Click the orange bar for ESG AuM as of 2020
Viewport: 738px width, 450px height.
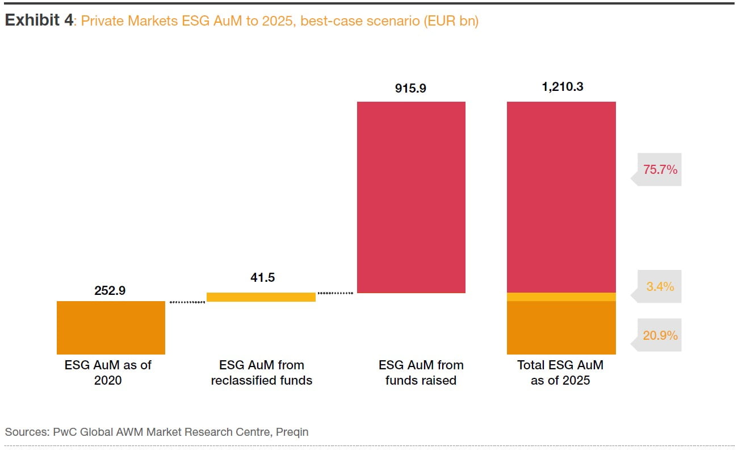coord(111,328)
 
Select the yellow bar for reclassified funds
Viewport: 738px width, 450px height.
coord(261,297)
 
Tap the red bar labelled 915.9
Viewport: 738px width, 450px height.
coord(411,197)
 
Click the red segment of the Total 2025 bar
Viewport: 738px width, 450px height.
coord(561,197)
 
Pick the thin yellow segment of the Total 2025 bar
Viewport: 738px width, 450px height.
coord(561,297)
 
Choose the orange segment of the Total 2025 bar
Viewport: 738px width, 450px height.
coord(561,328)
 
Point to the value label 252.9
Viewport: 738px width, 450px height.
coord(110,290)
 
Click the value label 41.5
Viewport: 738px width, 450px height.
coord(262,278)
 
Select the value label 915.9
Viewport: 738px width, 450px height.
coord(411,89)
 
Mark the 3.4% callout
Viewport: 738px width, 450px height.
coord(660,287)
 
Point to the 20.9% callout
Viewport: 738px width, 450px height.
coord(660,336)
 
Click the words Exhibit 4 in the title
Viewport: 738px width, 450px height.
coord(39,21)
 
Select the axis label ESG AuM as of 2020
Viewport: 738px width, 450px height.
coord(108,373)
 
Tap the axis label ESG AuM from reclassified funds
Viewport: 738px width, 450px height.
coord(262,373)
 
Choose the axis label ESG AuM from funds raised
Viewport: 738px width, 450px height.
coord(421,373)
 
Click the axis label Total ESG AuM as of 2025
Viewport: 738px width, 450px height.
coord(560,373)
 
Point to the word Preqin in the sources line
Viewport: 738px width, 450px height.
coord(292,432)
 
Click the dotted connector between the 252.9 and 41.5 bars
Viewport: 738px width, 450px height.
coord(187,302)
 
